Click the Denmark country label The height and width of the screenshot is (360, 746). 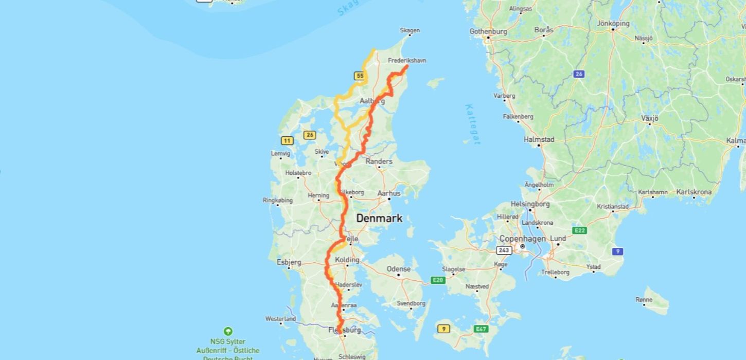[x=379, y=219]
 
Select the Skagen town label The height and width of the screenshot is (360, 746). [x=410, y=31]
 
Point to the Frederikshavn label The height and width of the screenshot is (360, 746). [x=407, y=61]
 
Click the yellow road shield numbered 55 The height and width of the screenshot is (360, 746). [x=360, y=76]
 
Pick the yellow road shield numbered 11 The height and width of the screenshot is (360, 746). [x=287, y=140]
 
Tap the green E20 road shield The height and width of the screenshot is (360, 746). [x=438, y=280]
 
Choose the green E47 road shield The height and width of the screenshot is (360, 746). [x=481, y=329]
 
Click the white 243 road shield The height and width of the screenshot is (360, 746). [x=504, y=250]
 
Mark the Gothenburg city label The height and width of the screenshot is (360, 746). [x=488, y=31]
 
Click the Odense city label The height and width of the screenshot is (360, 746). [x=399, y=269]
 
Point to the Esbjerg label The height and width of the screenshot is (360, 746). [x=289, y=262]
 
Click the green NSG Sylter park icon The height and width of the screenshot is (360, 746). [x=228, y=332]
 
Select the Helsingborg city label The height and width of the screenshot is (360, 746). [x=530, y=204]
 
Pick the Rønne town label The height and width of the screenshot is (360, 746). [x=644, y=299]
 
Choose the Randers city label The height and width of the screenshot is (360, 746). [x=379, y=161]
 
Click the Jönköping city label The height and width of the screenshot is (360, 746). [x=613, y=24]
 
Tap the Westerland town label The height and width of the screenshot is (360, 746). [x=280, y=319]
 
